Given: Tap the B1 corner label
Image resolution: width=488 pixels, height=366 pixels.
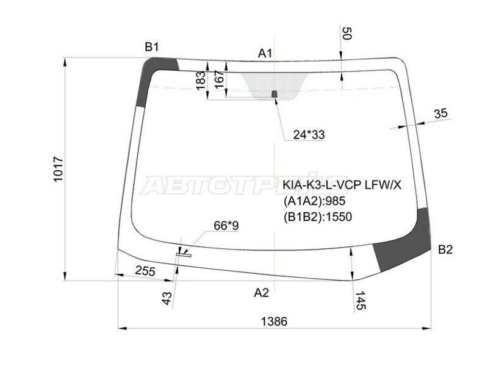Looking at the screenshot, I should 151,46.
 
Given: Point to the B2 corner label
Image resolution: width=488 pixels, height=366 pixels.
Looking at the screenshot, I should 445,249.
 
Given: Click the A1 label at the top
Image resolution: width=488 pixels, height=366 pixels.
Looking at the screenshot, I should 265,54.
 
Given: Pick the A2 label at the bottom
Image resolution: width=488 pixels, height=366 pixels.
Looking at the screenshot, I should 261,292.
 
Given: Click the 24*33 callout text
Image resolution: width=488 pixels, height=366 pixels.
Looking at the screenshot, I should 307,135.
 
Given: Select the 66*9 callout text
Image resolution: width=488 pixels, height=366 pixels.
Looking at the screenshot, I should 226,226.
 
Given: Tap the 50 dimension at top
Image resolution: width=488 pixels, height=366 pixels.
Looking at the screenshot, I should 346,34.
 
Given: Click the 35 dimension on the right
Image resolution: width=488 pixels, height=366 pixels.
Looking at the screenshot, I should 440,113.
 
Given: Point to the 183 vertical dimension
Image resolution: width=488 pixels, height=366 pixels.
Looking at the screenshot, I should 201,81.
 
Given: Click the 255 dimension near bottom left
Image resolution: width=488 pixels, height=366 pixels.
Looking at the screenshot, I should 145,271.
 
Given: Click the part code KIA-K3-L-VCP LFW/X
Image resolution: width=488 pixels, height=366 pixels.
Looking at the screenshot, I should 342,185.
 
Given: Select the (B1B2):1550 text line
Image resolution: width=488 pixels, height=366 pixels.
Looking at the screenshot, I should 317,216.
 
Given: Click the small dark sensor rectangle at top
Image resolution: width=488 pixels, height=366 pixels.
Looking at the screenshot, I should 274,94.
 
